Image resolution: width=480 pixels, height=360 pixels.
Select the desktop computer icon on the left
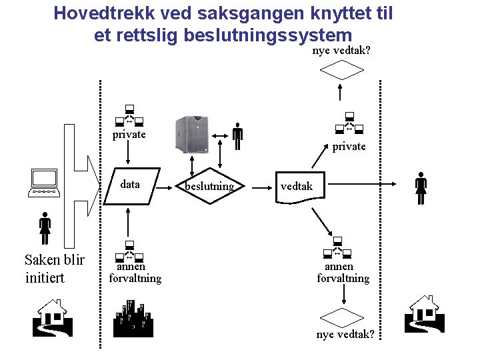pyautogui.click(x=45, y=183)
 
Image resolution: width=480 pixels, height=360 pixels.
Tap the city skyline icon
pyautogui.click(x=133, y=319)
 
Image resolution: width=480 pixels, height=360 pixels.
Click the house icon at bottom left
pyautogui.click(x=52, y=317)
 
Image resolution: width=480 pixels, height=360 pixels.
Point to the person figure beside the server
pyautogui.click(x=237, y=137)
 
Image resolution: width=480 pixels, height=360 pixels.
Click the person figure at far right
pyautogui.click(x=421, y=189)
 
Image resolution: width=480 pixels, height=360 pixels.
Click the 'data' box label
pyautogui.click(x=130, y=185)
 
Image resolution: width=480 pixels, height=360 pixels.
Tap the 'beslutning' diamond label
pyautogui.click(x=209, y=186)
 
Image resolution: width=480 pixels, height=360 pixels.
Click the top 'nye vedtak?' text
pyautogui.click(x=341, y=51)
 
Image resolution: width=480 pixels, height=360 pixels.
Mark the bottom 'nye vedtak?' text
pyautogui.click(x=345, y=334)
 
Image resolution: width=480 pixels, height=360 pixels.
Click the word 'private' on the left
pyautogui.click(x=129, y=134)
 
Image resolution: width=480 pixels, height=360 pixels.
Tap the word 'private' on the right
pyautogui.click(x=349, y=146)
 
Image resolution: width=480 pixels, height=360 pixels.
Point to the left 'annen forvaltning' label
pyautogui.click(x=135, y=273)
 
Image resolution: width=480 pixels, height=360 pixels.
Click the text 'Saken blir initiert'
pyautogui.click(x=54, y=269)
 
